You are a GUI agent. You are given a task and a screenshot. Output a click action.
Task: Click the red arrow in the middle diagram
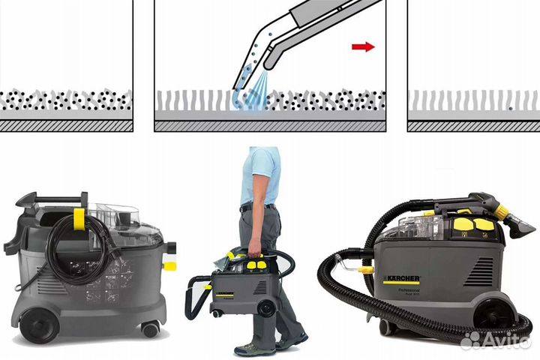pyautogui.click(x=363, y=46)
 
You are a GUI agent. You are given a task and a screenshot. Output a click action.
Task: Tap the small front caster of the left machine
pyautogui.click(x=151, y=329)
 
